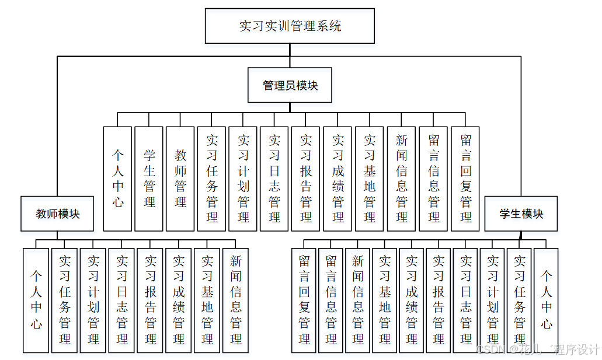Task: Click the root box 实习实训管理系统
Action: [x=290, y=26]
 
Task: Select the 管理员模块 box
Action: [x=290, y=85]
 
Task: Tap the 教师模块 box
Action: [x=57, y=214]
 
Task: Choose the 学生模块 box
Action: [x=521, y=214]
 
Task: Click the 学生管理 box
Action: [x=149, y=179]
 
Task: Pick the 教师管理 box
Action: [x=180, y=179]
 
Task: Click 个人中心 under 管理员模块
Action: [x=117, y=179]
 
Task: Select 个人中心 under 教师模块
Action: [x=36, y=300]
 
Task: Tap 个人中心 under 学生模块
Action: [x=546, y=300]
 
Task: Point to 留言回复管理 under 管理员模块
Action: [x=465, y=179]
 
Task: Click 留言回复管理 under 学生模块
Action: [x=304, y=300]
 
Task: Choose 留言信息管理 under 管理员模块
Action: [x=433, y=179]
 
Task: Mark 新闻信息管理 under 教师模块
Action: [x=236, y=300]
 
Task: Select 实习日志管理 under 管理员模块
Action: [x=274, y=179]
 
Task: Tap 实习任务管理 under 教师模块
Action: [x=64, y=300]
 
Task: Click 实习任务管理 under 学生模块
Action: [x=519, y=300]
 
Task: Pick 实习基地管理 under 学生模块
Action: [x=385, y=300]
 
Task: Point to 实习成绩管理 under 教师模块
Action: [x=179, y=300]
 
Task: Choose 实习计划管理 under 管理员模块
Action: [x=243, y=179]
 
